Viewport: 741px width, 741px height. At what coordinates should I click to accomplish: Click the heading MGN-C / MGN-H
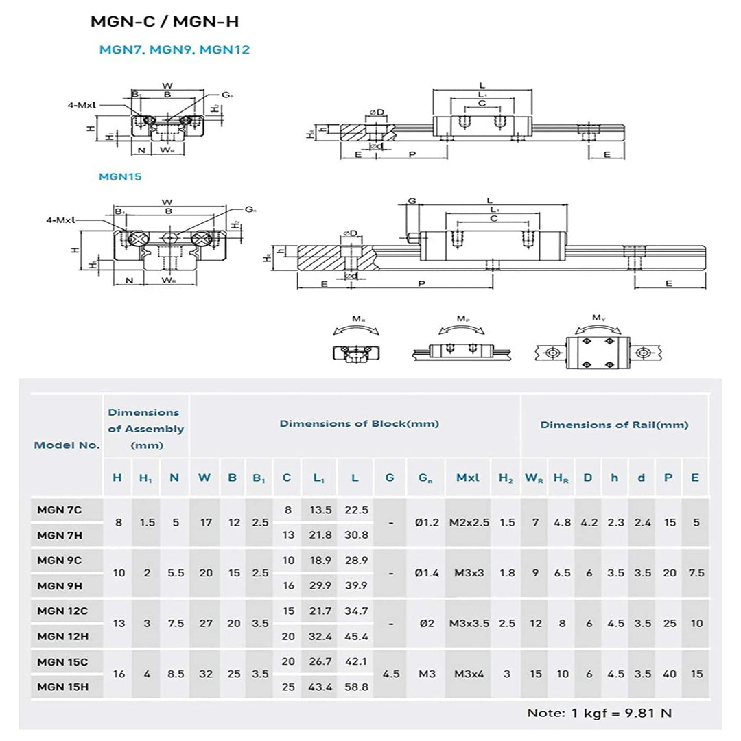pyautogui.click(x=165, y=22)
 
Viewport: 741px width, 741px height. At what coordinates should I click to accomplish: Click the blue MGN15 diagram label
pyautogui.click(x=120, y=176)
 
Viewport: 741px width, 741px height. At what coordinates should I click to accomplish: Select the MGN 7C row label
pyautogui.click(x=60, y=509)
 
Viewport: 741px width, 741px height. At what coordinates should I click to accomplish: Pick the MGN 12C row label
pyautogui.click(x=62, y=611)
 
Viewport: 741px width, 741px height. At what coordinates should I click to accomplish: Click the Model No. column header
pyautogui.click(x=67, y=445)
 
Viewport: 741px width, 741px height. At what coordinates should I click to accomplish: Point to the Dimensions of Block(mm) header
pyautogui.click(x=359, y=423)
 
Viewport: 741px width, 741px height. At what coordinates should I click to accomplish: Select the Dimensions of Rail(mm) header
pyautogui.click(x=614, y=425)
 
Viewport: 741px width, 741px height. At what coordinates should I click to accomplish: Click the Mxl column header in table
pyautogui.click(x=467, y=478)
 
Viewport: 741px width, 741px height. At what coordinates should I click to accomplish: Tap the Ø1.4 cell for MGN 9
pyautogui.click(x=427, y=573)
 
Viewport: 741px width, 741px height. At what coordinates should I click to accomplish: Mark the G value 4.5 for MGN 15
pyautogui.click(x=390, y=674)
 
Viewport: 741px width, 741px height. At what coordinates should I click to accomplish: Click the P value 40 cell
pyautogui.click(x=668, y=674)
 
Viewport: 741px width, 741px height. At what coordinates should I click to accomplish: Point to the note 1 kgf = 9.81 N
pyautogui.click(x=599, y=713)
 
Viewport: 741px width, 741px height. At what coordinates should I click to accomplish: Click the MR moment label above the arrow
pyautogui.click(x=357, y=319)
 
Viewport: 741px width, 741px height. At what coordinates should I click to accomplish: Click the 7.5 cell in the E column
pyautogui.click(x=696, y=573)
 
